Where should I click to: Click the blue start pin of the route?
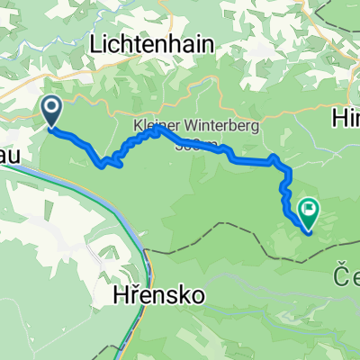[51, 112]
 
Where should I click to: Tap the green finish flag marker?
[310, 212]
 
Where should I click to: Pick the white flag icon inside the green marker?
[310, 211]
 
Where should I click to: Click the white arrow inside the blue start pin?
[51, 110]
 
